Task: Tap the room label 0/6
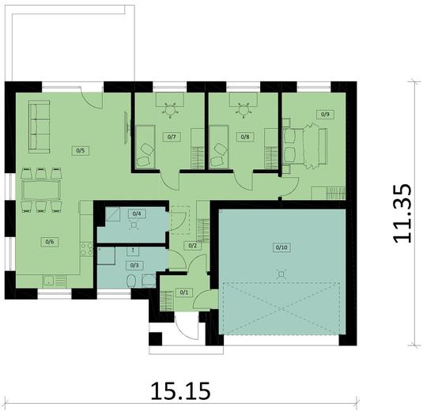(49, 241)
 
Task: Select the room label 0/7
(171, 137)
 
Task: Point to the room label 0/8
(245, 137)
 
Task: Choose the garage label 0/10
(281, 247)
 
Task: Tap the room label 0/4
(137, 213)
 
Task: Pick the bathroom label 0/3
(134, 265)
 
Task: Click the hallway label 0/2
(192, 246)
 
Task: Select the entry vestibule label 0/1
(185, 292)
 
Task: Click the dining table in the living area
(40, 190)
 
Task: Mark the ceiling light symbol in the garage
(281, 273)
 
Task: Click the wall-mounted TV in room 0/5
(127, 128)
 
